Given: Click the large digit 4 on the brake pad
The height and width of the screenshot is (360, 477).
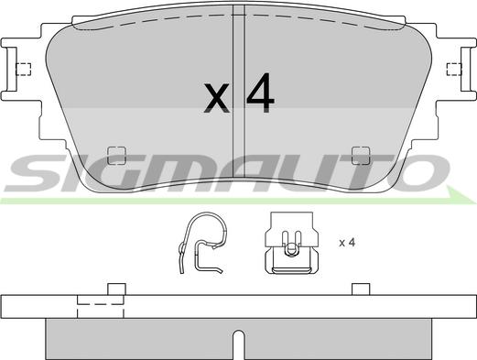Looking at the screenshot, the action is pos(260,93).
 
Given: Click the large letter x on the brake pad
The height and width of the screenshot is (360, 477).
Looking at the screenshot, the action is pos(216,98).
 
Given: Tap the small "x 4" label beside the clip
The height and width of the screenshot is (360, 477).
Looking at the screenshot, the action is pos(347,243).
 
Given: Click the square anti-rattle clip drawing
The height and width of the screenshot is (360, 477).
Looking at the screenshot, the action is pos(291,243).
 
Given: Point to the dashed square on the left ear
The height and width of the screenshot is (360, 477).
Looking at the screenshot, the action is pos(23,69).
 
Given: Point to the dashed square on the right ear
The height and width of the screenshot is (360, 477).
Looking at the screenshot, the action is pos(454,69).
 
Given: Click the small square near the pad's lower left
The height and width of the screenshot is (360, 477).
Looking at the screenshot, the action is pos(116,156).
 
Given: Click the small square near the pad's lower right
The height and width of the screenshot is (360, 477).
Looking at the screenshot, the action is pos(361,156).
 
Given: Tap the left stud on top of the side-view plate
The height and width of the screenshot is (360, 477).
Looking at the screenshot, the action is pos(116,289).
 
